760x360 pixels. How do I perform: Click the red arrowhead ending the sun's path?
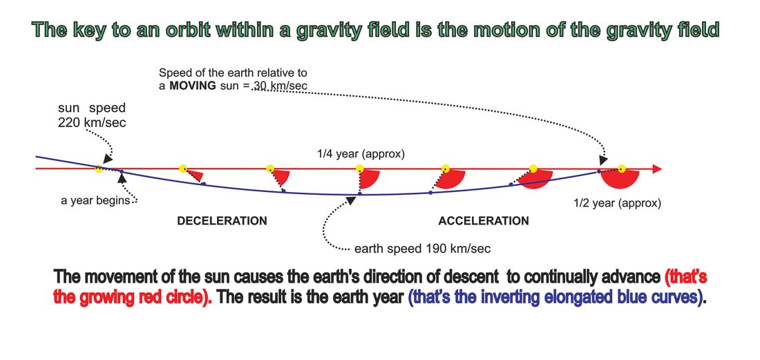click(657, 169)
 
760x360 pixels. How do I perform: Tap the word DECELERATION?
click(222, 221)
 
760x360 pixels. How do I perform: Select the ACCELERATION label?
click(484, 221)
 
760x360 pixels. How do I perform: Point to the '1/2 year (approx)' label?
click(617, 204)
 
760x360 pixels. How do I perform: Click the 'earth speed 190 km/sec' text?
click(423, 249)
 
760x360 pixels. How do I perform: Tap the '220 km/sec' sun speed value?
click(92, 123)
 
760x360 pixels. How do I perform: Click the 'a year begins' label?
click(95, 200)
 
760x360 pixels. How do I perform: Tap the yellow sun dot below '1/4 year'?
click(360, 169)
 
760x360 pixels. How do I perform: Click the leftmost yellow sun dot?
click(99, 169)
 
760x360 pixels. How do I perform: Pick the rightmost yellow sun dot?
click(622, 169)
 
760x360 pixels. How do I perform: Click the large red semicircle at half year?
click(620, 179)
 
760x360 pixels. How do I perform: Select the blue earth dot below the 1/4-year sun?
click(360, 193)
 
